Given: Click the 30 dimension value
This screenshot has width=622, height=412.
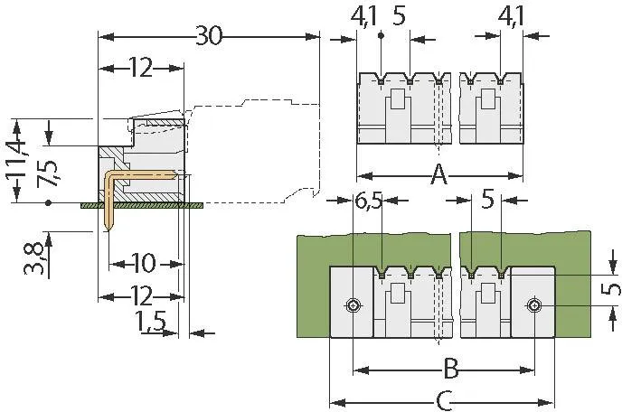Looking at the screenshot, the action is pos(210,36).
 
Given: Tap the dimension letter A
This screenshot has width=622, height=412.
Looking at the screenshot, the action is pos(438,175).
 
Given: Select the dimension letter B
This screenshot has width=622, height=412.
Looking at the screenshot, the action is pos(450,370).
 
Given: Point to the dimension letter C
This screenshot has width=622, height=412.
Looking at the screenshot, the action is pos(444,401).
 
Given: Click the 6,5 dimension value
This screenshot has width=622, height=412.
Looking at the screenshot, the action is pos(369,201).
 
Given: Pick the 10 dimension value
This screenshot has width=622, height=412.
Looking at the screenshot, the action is pos(143,263).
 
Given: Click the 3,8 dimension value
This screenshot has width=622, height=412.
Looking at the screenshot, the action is pos(33,258).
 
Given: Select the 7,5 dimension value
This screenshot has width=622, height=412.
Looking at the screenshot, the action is pos(48,173).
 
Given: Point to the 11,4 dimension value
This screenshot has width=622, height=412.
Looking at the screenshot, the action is pos(16,159).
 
